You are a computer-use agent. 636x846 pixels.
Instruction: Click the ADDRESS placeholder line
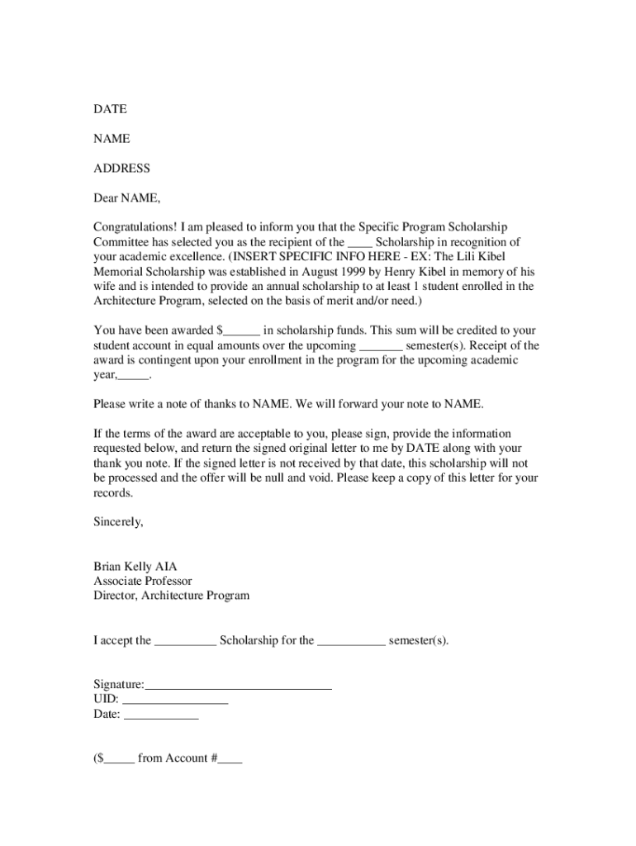click(x=121, y=169)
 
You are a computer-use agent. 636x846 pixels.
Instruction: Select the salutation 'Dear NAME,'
click(x=126, y=198)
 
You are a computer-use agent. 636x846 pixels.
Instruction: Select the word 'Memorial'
click(x=118, y=272)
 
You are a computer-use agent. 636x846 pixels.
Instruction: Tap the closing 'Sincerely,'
click(x=118, y=522)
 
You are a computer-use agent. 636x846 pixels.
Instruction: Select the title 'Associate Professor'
click(x=143, y=582)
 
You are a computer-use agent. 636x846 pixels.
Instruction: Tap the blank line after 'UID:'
click(x=175, y=701)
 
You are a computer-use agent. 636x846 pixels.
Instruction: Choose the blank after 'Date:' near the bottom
click(x=161, y=716)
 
